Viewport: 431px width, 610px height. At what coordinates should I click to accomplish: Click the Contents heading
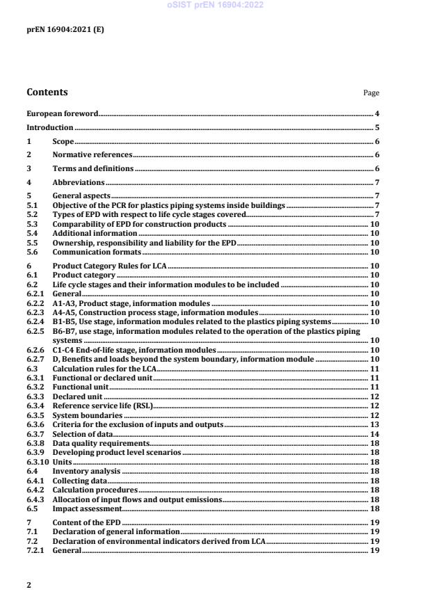click(x=47, y=92)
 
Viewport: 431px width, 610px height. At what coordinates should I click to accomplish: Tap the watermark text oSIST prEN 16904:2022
click(x=215, y=6)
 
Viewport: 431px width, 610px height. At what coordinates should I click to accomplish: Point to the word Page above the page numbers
click(x=371, y=93)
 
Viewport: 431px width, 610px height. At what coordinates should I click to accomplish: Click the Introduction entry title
click(x=49, y=127)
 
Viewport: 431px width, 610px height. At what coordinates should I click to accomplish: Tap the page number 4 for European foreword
click(x=377, y=113)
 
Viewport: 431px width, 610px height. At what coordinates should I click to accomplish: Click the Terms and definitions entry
click(x=93, y=168)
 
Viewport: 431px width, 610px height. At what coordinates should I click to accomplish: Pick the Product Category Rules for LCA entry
click(x=108, y=266)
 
